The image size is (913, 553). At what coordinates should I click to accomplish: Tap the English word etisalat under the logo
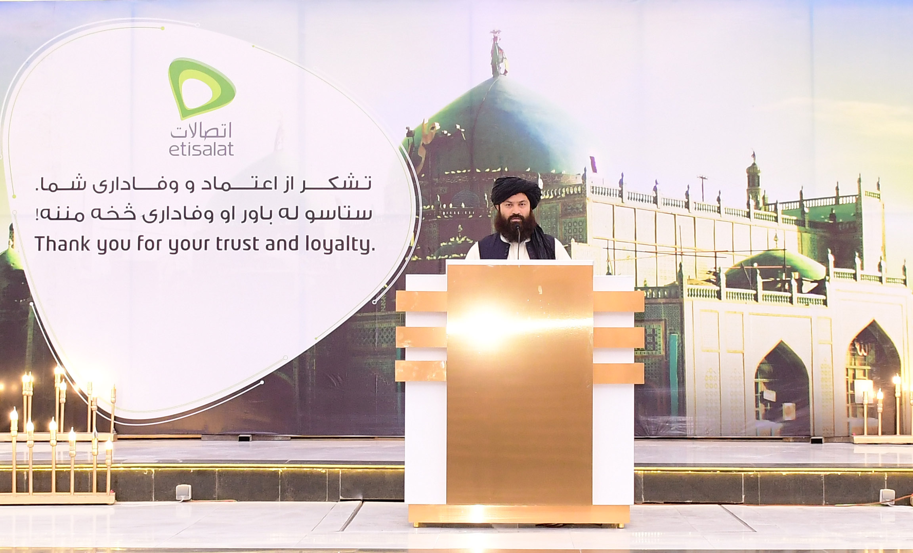201,149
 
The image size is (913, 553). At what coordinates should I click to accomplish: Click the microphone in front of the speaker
517,242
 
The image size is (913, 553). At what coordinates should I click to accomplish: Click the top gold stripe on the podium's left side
421,301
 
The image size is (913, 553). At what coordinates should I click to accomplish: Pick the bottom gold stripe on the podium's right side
619,373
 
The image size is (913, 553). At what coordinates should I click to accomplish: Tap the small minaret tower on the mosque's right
753,180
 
